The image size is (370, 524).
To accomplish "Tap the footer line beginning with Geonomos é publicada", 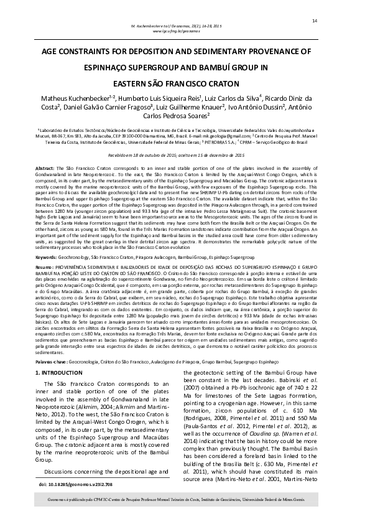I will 185,500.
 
